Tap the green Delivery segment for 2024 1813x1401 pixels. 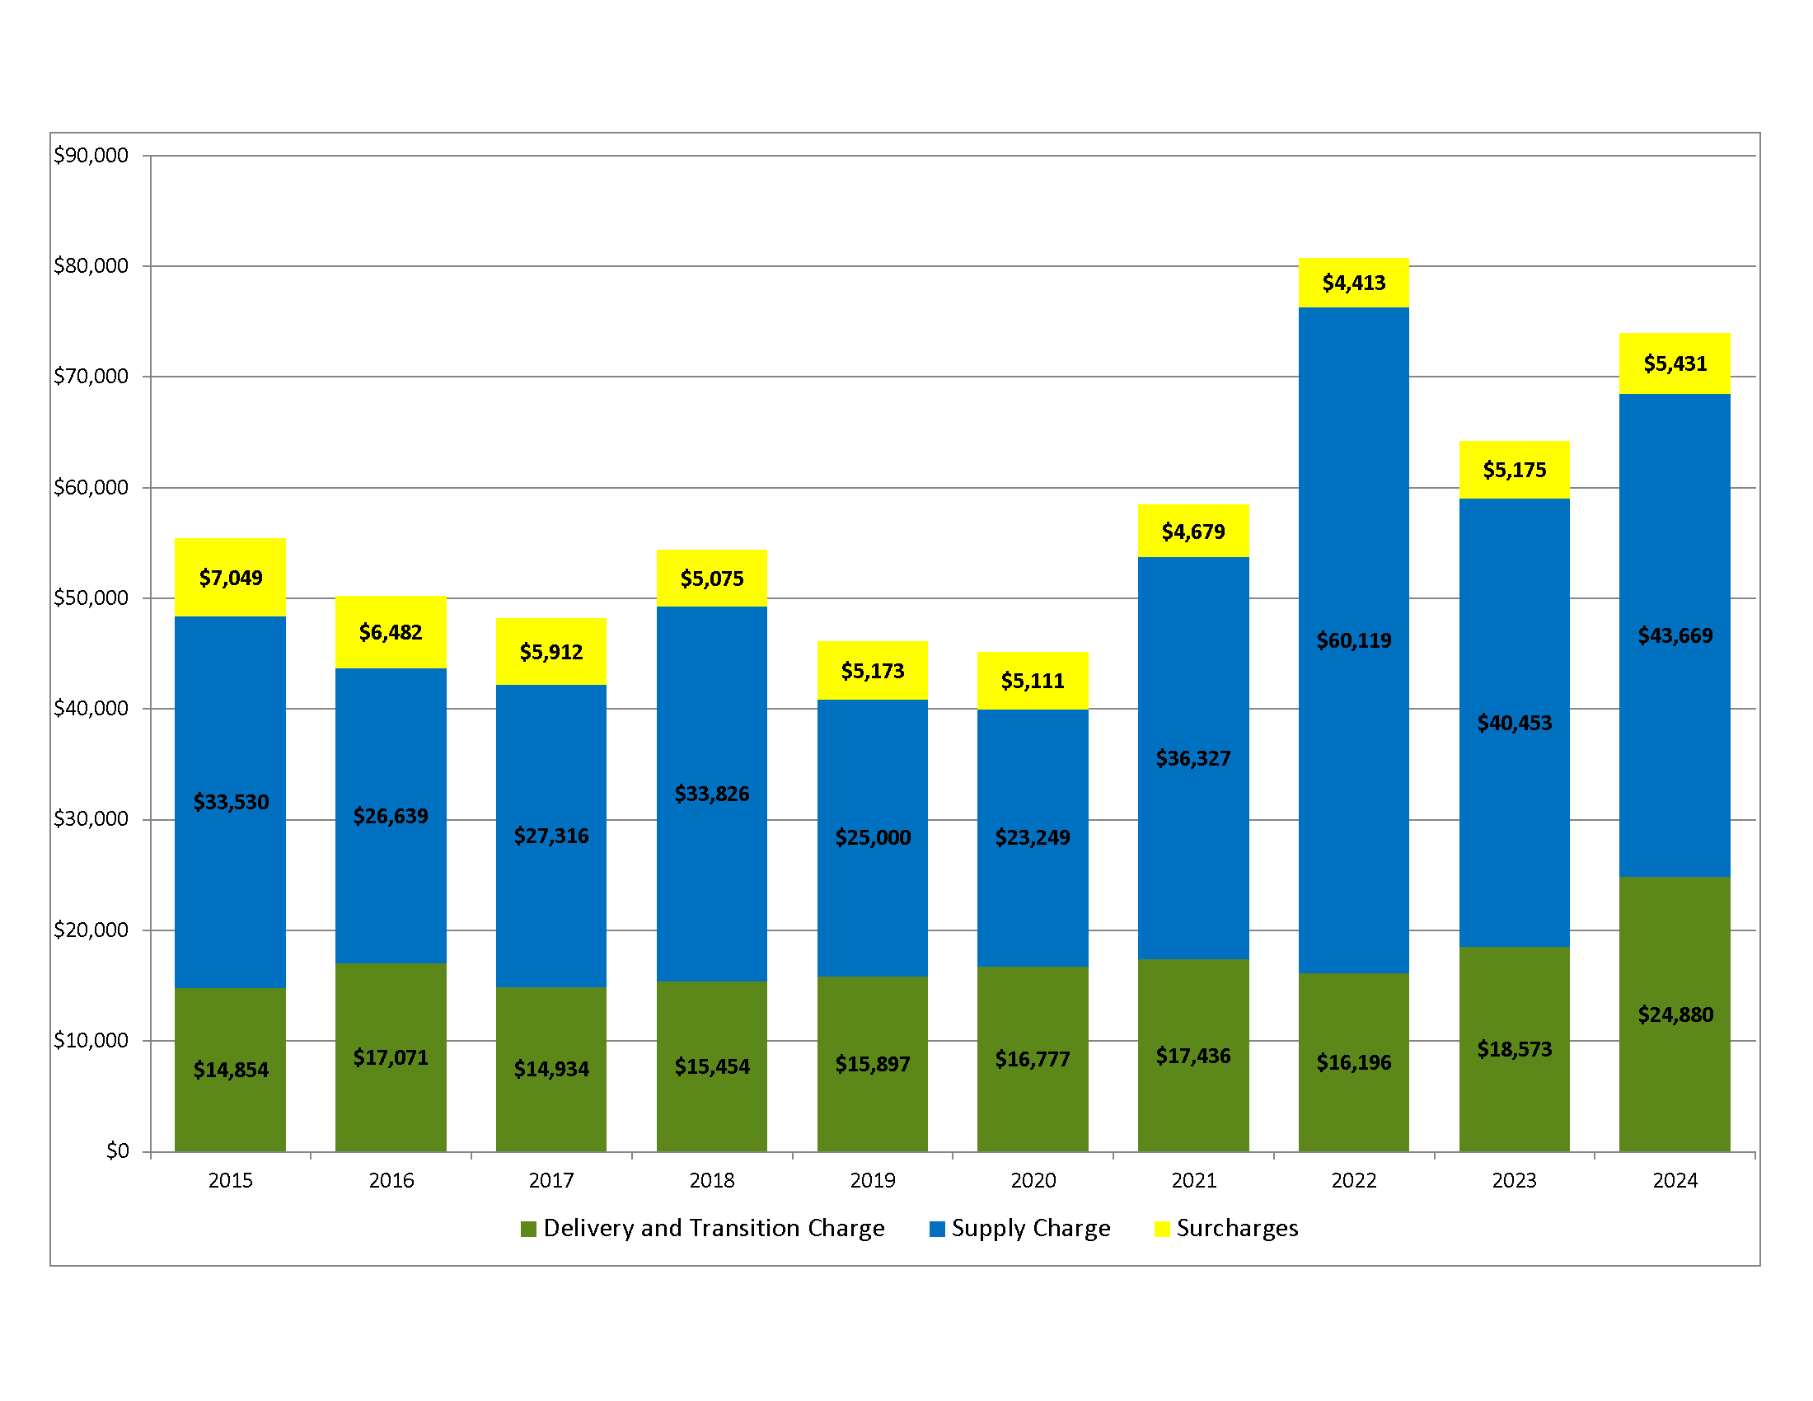pos(1675,1079)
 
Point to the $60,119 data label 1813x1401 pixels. pos(1353,640)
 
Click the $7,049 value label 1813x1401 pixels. pos(230,578)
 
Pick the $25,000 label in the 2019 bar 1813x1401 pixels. pos(873,837)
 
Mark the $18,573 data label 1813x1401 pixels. pos(1514,1050)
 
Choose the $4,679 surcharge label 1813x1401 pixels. pos(1193,532)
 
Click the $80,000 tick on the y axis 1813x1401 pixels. pos(91,265)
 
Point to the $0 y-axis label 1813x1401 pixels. pos(117,1151)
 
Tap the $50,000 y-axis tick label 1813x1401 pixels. pos(91,597)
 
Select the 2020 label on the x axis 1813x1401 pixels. pos(1033,1180)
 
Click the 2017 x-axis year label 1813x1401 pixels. pos(551,1180)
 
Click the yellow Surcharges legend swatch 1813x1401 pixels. pos(1162,1230)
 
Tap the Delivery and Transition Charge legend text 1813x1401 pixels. pos(714,1229)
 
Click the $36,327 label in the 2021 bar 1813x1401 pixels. pos(1193,758)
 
